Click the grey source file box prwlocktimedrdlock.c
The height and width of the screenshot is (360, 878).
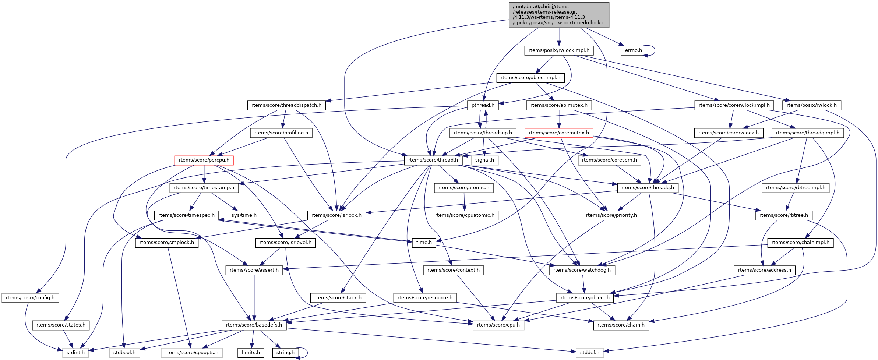[559, 15]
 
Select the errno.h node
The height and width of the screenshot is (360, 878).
[633, 50]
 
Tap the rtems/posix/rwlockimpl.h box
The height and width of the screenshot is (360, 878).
[559, 50]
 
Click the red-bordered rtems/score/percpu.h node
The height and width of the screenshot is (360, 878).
[204, 160]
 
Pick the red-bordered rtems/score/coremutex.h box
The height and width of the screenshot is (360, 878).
[559, 133]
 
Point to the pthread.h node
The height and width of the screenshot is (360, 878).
[483, 105]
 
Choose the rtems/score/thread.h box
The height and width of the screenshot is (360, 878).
[433, 160]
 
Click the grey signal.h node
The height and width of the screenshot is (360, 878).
[484, 160]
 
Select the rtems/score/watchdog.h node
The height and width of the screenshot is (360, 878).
[582, 270]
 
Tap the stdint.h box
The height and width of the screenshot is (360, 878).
[75, 353]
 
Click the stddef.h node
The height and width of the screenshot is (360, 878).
[589, 353]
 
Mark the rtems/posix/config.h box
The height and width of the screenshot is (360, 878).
[30, 298]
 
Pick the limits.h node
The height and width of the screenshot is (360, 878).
[251, 353]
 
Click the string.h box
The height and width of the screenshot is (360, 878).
[285, 353]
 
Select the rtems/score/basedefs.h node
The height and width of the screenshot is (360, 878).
[254, 325]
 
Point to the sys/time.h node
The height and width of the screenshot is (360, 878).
[244, 215]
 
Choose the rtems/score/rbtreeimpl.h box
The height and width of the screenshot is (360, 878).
[796, 188]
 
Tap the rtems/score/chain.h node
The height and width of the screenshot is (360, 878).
[621, 325]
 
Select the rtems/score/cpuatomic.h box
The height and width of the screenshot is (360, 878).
[465, 215]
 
